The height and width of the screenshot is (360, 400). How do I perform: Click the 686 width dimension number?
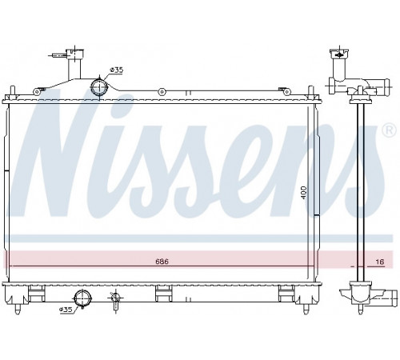[x=162, y=262]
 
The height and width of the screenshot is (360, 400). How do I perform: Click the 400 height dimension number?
[x=304, y=193]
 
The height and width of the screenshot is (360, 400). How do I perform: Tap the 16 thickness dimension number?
[x=380, y=262]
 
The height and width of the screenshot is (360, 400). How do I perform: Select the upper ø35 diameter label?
[x=117, y=70]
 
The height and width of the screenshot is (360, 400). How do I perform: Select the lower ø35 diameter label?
[x=66, y=310]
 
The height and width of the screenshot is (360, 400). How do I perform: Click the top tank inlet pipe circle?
[x=99, y=86]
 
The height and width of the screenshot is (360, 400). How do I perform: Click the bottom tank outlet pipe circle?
[x=82, y=298]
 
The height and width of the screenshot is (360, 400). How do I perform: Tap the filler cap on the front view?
[x=75, y=54]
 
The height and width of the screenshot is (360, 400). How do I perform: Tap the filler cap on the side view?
[x=339, y=54]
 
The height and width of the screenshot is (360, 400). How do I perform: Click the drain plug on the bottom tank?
[x=115, y=298]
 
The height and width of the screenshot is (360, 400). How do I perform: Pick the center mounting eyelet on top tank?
[x=162, y=92]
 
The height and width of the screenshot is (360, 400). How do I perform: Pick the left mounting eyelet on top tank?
[x=36, y=92]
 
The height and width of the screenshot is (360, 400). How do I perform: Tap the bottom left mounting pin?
[x=18, y=309]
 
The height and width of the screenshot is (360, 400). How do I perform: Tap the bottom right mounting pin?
[x=306, y=309]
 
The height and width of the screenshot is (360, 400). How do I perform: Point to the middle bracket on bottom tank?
[x=163, y=294]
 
